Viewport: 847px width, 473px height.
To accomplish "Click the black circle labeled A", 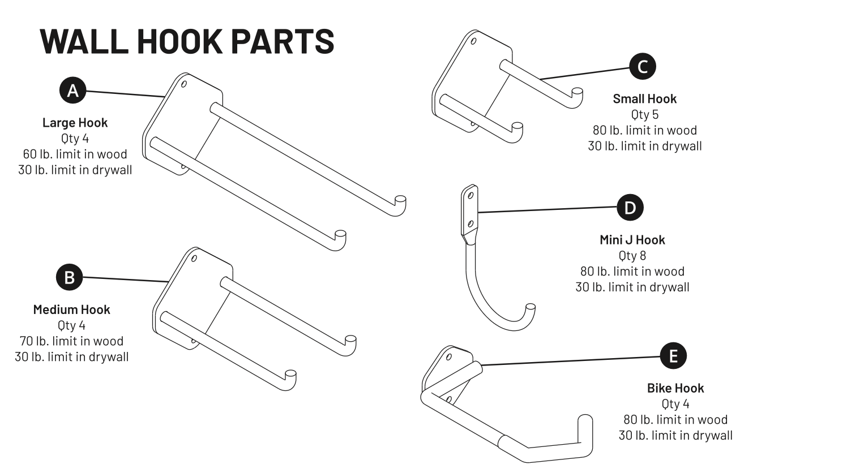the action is point(72,91).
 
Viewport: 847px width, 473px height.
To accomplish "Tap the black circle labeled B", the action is point(69,277).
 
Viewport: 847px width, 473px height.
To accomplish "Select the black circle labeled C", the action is point(643,67).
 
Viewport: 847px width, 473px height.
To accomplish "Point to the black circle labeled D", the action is point(630,208).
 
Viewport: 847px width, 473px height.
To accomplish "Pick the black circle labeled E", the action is point(673,355).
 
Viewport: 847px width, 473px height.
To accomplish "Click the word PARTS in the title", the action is point(283,41).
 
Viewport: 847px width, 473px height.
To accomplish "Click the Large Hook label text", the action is point(75,122).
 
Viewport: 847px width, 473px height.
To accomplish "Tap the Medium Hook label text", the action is point(71,309).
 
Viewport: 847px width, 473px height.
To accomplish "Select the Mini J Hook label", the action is point(632,239).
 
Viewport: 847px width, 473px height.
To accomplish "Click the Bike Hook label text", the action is point(675,388).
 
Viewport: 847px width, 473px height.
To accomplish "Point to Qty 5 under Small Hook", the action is point(645,114).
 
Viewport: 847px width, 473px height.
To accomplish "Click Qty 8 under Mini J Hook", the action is point(632,255).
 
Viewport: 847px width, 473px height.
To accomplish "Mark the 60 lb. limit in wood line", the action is point(75,154).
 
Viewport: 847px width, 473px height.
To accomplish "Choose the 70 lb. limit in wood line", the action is point(71,341).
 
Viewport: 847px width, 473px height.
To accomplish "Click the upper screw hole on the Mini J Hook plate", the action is point(470,195).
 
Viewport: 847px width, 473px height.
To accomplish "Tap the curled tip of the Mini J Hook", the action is point(531,307).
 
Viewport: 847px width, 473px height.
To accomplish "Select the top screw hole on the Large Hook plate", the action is point(184,84).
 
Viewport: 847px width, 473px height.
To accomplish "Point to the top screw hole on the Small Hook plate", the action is point(473,41).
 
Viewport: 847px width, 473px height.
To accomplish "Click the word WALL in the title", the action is point(84,41).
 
